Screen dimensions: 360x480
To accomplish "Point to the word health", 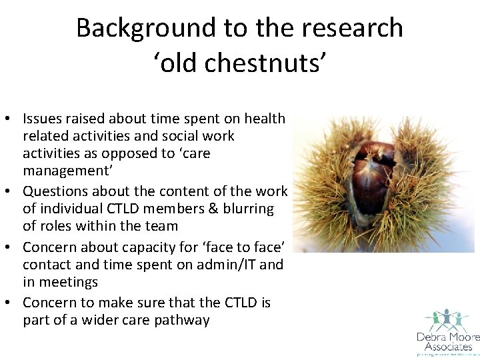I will point(265,119).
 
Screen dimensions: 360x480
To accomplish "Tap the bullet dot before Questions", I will point(11,192).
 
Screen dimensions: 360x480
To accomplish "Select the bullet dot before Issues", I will point(11,119).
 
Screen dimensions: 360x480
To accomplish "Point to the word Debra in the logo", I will point(431,337).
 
